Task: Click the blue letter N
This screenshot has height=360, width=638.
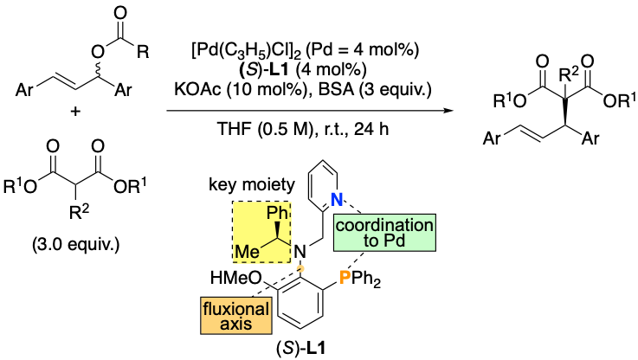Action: coord(337,199)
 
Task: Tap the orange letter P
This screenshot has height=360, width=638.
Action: coord(345,277)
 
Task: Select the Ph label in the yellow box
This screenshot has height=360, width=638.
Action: coord(276,213)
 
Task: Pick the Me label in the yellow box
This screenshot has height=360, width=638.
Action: coord(248,252)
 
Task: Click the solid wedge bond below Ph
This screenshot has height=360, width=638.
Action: coord(278,230)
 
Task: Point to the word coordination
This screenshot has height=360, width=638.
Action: coord(384,225)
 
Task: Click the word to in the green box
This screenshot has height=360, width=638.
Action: coord(371,241)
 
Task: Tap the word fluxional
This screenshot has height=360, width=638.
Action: coord(236,309)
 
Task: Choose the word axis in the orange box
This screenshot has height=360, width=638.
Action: coord(236,325)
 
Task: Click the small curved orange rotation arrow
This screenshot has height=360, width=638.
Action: coord(300,269)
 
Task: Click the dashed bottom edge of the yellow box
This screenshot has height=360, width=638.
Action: coord(262,262)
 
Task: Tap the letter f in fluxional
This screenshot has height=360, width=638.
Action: coord(206,309)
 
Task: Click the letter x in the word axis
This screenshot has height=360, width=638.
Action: coord(235,325)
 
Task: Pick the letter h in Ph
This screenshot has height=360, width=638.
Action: coord(282,213)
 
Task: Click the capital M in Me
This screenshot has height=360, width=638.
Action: coord(242,252)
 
